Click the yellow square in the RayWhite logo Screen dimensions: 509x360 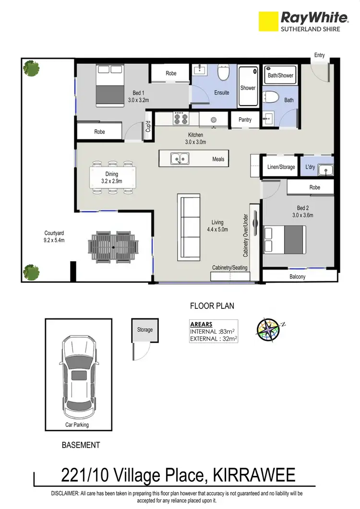coord(268,22)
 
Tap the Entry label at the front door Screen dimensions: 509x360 coord(319,55)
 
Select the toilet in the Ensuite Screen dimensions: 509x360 coord(223,73)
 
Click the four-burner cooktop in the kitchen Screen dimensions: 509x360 coord(180,118)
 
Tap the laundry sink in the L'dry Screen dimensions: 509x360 coord(326,169)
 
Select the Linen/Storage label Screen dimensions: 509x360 coord(281,168)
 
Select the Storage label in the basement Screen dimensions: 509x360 coord(144,329)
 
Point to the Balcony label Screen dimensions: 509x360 coord(298,277)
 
